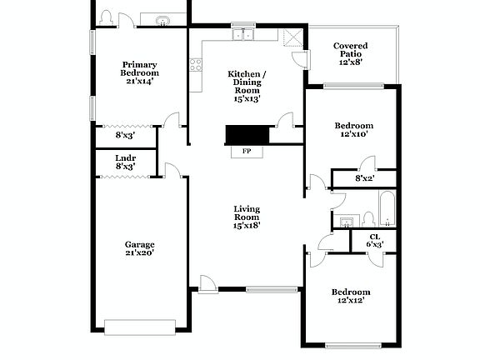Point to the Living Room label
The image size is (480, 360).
[x=247, y=217]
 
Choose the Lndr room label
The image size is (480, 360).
[x=125, y=157]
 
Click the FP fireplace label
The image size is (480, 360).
[x=247, y=151]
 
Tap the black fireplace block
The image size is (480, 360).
[x=247, y=136]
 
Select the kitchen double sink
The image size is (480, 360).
[x=243, y=35]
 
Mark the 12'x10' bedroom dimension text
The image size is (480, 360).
[x=352, y=133]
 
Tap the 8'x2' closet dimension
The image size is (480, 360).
[x=364, y=177]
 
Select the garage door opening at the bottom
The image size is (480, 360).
[x=140, y=326]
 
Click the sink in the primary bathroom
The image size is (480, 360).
[x=162, y=20]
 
